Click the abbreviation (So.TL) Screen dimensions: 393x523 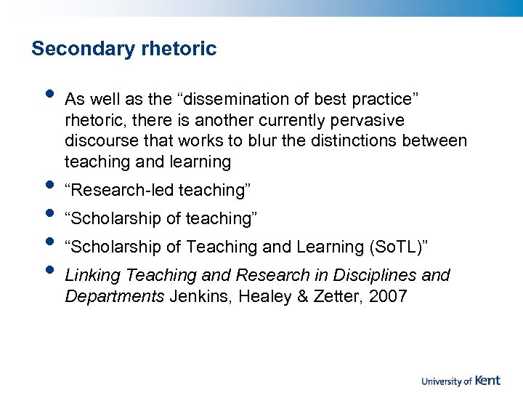pos(397,247)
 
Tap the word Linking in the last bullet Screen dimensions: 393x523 pos(93,276)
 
